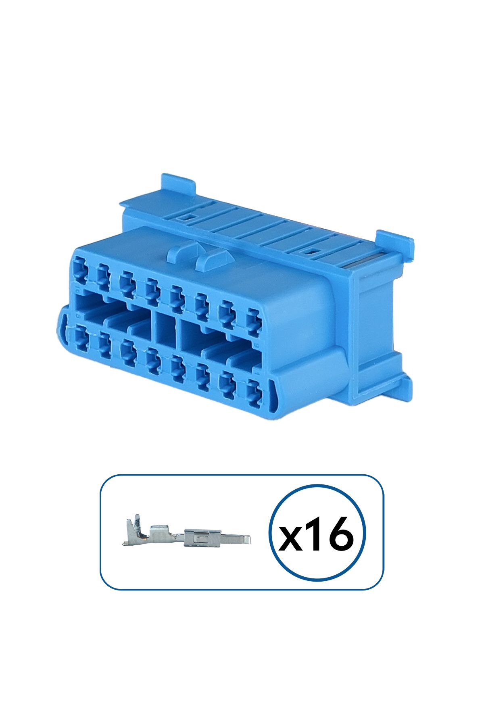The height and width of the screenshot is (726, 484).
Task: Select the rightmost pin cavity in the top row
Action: tap(254, 322)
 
